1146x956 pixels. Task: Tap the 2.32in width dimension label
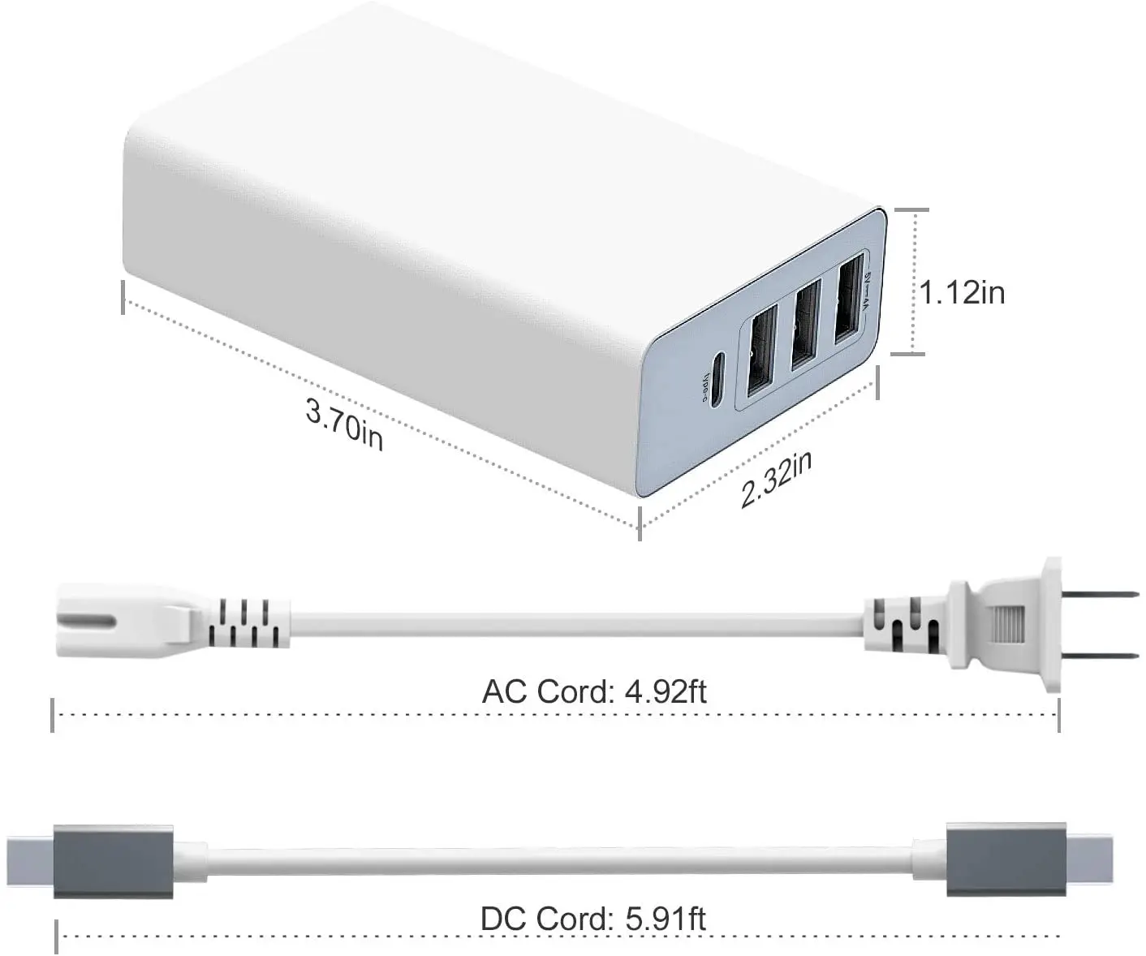775,480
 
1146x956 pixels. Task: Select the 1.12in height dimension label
962,292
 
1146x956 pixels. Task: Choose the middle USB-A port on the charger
803,328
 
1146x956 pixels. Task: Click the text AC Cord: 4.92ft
594,691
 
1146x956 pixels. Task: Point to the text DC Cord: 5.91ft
592,919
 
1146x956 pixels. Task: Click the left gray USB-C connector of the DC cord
114,862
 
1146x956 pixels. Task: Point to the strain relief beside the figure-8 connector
248,623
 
